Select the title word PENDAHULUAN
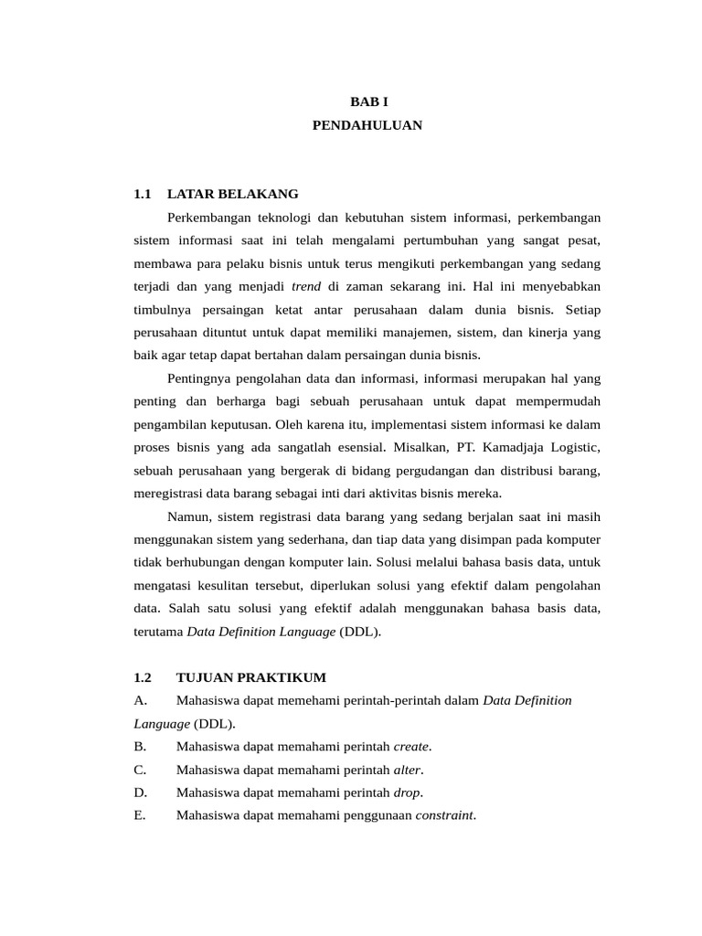pos(367,125)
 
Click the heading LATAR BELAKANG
pos(233,194)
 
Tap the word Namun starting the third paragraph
pos(189,516)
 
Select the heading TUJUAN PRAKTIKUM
pos(250,677)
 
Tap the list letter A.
pos(140,700)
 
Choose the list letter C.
pos(139,770)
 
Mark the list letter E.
pos(139,815)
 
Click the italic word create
pos(411,747)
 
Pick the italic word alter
pos(408,770)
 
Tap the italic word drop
pos(408,792)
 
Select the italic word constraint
pos(445,815)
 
